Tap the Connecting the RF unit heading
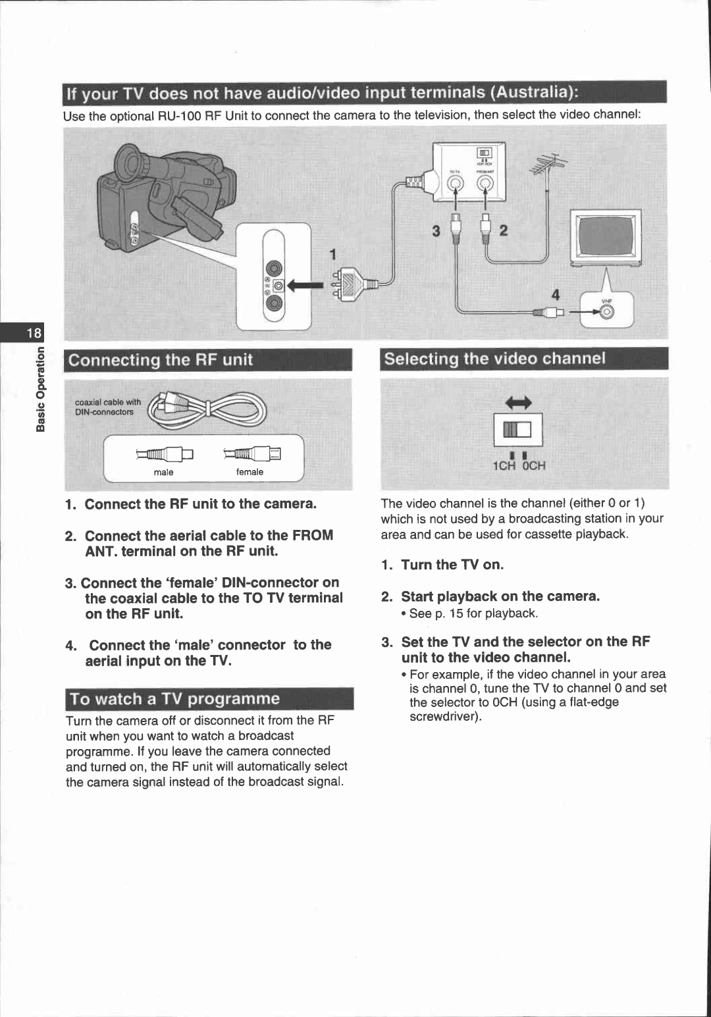pos(161,360)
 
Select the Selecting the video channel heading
pos(494,359)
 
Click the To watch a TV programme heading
pos(175,699)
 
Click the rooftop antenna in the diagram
pos(549,165)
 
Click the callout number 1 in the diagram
pos(333,255)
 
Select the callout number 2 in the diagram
pos(504,231)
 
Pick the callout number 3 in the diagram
pos(436,231)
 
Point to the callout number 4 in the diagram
pos(556,295)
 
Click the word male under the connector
pos(163,472)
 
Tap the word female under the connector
pos(250,472)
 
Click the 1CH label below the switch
pos(505,466)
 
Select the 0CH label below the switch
pos(534,466)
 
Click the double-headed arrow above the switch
pos(518,402)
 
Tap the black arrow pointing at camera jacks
pos(306,285)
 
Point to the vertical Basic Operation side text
pos(41,389)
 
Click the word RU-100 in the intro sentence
pos(180,116)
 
